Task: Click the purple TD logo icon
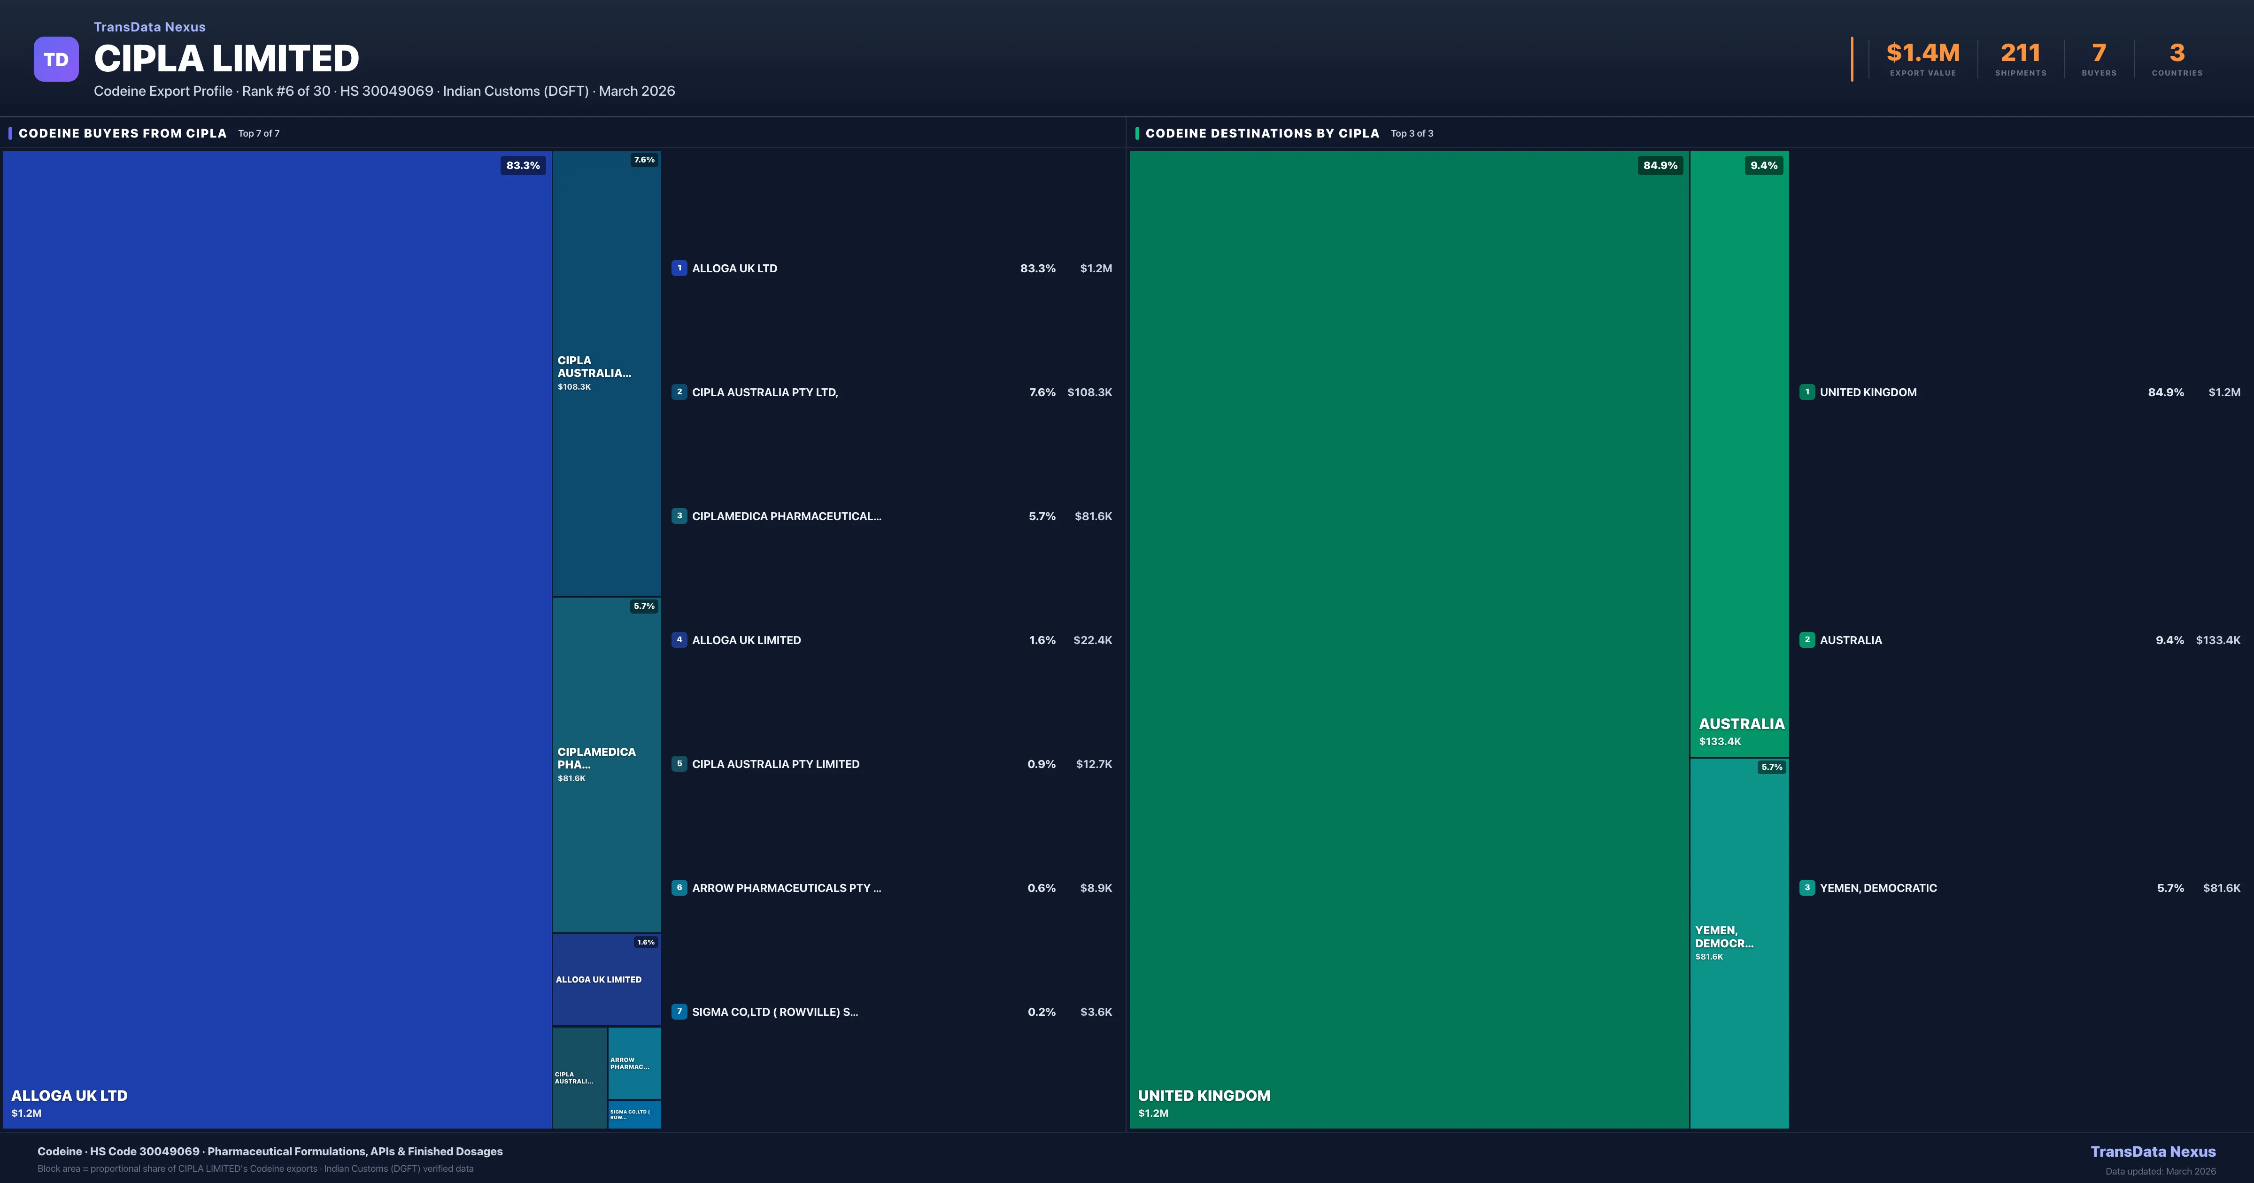coord(56,60)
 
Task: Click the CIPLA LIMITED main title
coord(226,59)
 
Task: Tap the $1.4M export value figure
coord(1922,54)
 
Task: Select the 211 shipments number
coord(2020,54)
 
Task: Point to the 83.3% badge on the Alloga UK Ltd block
coord(522,165)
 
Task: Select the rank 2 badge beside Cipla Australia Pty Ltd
coord(679,392)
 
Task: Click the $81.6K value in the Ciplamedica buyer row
coord(1093,516)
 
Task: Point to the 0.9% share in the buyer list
coord(1041,764)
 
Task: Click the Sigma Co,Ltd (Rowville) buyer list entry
coord(774,1012)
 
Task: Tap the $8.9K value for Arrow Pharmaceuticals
coord(1096,888)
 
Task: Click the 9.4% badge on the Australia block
coord(1763,165)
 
